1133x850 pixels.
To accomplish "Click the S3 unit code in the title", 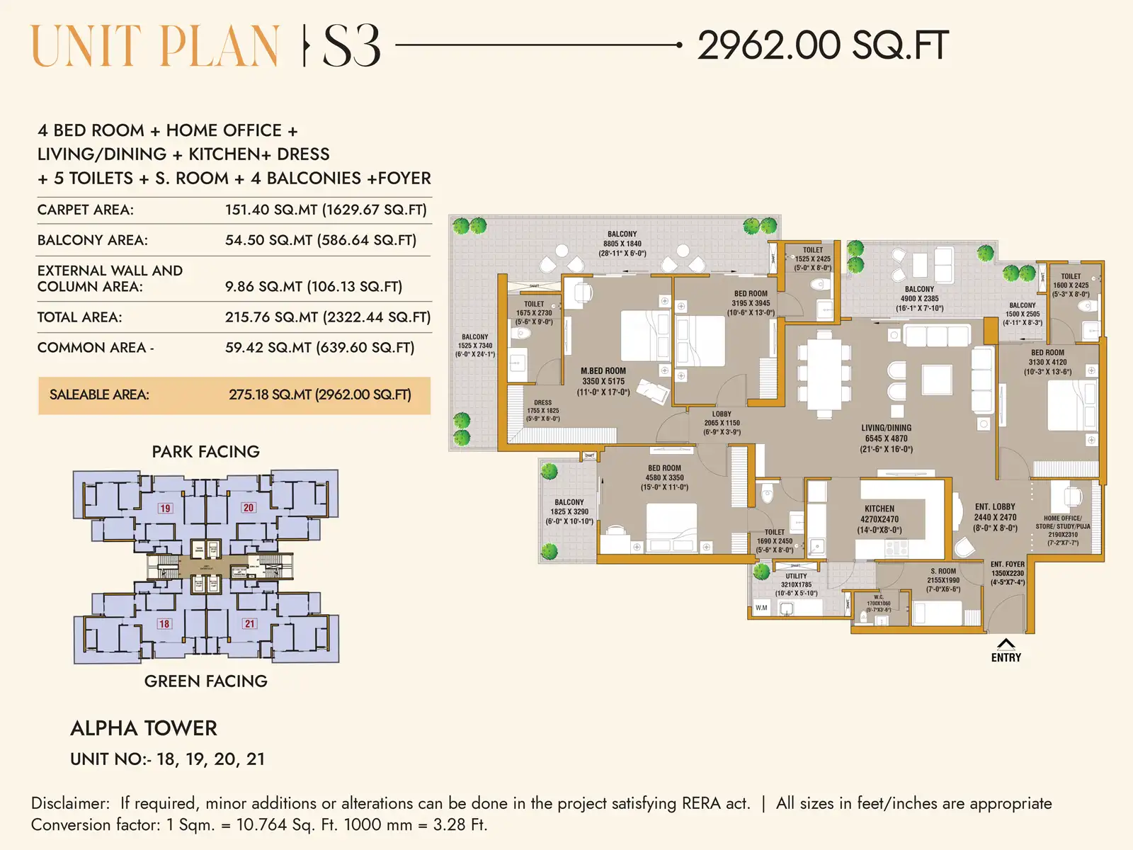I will [351, 47].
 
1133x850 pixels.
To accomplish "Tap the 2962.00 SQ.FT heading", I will [822, 46].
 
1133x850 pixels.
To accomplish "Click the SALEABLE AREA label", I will [99, 395].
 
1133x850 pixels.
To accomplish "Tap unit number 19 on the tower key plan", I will [165, 508].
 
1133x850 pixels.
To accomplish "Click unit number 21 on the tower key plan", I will [249, 624].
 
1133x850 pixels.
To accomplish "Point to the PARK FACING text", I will [205, 452].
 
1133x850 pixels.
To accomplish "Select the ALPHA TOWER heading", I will [144, 728].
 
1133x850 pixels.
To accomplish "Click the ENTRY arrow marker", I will [1006, 644].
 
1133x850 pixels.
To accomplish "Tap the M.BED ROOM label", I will [603, 371].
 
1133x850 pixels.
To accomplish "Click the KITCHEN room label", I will [879, 509].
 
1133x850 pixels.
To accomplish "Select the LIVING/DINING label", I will [886, 428].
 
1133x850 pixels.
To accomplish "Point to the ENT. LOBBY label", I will [994, 507].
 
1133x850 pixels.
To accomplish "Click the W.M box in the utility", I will [761, 608].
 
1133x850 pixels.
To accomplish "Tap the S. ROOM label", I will [943, 571].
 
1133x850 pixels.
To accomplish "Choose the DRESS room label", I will [543, 402].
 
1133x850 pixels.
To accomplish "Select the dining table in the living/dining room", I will [824, 373].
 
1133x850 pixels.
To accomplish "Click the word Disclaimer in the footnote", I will [69, 803].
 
